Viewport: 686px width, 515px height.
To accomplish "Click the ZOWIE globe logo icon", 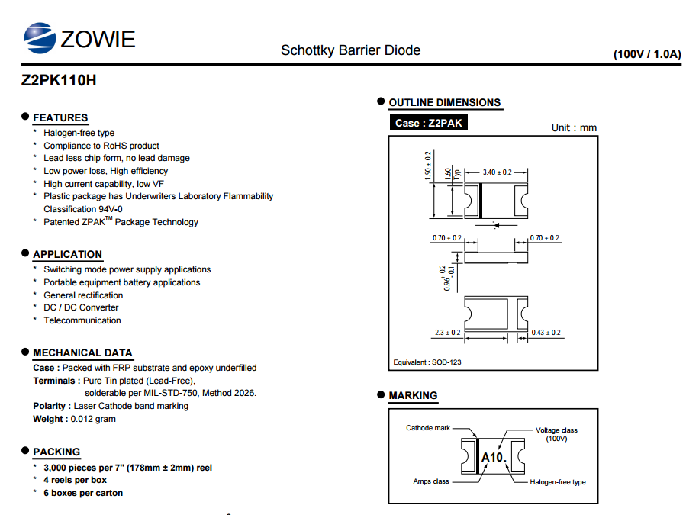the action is point(40,38).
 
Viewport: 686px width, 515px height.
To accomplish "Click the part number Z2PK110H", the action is point(59,81).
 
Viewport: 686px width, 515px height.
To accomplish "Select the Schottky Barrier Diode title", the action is point(350,50).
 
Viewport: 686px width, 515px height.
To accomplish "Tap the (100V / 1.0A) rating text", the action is point(647,54).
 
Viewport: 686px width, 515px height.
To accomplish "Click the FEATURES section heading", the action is point(60,117).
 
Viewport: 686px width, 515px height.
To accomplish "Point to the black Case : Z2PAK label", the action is point(428,123).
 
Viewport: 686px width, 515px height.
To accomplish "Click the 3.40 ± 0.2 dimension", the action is point(497,172).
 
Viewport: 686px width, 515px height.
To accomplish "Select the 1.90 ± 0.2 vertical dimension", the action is point(428,165).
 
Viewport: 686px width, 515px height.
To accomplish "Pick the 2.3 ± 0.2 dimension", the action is point(448,333).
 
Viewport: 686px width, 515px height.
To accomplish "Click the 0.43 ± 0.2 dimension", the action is point(546,333).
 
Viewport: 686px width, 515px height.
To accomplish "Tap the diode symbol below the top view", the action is point(496,225).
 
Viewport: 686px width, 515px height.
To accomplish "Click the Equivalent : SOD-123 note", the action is point(427,362).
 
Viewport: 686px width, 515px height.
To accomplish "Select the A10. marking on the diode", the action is point(494,457).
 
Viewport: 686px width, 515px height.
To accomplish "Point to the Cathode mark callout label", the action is point(428,428).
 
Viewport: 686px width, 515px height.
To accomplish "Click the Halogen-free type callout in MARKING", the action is point(558,482).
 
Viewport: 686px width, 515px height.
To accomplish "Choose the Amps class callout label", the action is point(431,481).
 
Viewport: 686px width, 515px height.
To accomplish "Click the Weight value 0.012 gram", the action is point(93,419).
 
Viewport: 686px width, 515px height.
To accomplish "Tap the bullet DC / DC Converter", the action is point(81,307).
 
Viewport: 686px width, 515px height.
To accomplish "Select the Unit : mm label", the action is point(574,127).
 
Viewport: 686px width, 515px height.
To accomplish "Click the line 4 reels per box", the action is point(76,480).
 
